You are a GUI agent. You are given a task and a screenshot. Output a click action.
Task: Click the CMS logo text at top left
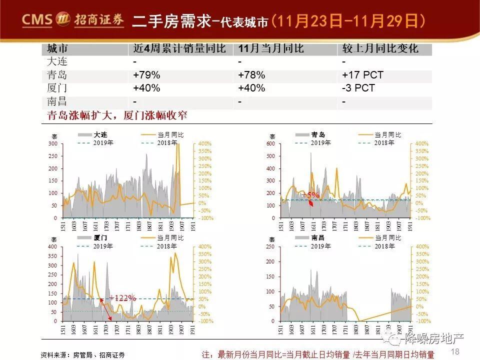click(37, 19)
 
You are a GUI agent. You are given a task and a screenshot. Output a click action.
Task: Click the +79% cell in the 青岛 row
click(146, 75)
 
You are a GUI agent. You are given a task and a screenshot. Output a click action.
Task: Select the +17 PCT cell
click(362, 75)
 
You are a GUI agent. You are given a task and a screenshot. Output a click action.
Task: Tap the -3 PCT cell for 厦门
click(358, 88)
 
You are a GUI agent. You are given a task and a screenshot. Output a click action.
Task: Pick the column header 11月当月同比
click(270, 49)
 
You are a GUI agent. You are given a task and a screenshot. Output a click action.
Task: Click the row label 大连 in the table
click(56, 62)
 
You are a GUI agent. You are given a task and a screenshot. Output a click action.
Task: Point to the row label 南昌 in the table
click(56, 101)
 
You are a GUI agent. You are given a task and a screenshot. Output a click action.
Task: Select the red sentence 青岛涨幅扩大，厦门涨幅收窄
click(117, 115)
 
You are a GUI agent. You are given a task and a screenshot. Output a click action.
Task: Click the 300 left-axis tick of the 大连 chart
click(52, 144)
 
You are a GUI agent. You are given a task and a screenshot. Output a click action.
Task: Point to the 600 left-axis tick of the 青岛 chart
click(270, 144)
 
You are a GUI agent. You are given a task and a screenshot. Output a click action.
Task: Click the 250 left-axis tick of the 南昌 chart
click(270, 247)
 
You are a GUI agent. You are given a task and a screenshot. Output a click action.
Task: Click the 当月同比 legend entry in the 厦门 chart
click(170, 238)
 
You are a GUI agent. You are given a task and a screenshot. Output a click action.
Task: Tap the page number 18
click(455, 351)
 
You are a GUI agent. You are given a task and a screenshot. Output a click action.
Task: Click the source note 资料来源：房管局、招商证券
click(83, 354)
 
